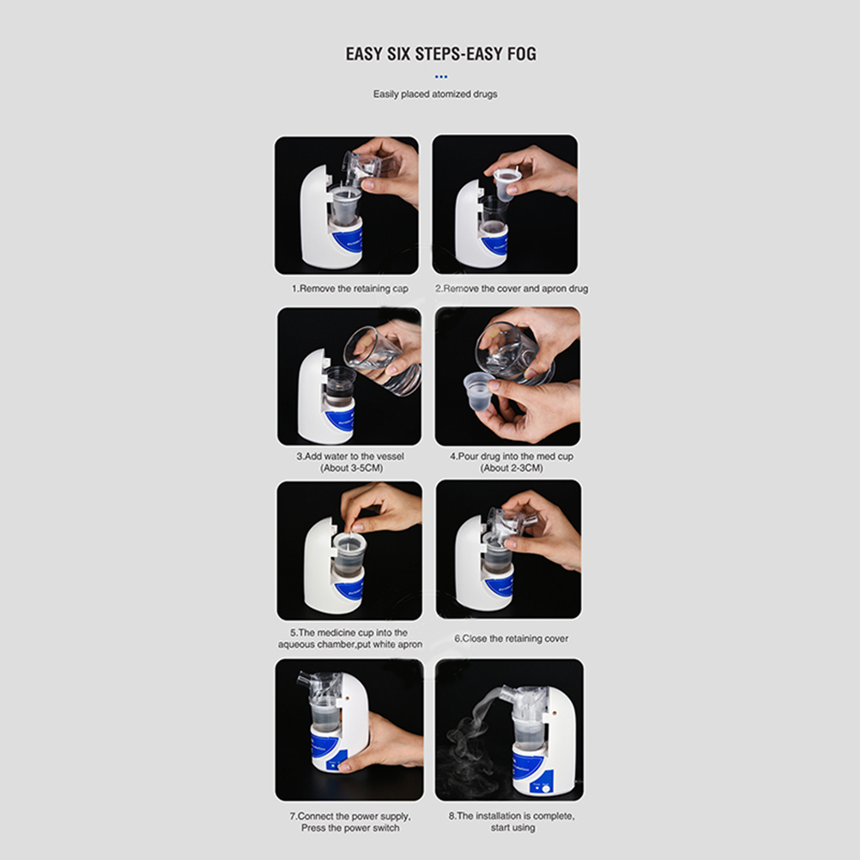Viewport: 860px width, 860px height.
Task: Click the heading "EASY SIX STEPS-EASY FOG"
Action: [x=441, y=54]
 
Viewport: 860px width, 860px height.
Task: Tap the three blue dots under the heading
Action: [x=441, y=76]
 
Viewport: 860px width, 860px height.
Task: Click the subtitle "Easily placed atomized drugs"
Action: [x=435, y=94]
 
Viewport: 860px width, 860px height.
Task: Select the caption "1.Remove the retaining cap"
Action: [x=350, y=288]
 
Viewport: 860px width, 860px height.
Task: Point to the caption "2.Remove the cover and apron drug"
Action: [x=512, y=288]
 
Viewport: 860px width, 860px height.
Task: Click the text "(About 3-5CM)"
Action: [x=352, y=468]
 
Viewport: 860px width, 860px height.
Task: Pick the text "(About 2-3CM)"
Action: [x=512, y=468]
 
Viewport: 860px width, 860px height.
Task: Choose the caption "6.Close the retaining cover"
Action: [x=512, y=639]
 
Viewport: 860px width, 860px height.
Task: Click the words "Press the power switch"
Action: [x=350, y=827]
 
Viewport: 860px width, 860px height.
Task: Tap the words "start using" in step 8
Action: [x=512, y=827]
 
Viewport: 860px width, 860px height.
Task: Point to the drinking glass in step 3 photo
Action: [x=383, y=360]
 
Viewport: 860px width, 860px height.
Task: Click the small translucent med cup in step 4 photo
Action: [x=478, y=391]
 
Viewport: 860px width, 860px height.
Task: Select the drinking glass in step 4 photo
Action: [x=513, y=352]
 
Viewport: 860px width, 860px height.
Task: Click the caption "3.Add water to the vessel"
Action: [x=350, y=457]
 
